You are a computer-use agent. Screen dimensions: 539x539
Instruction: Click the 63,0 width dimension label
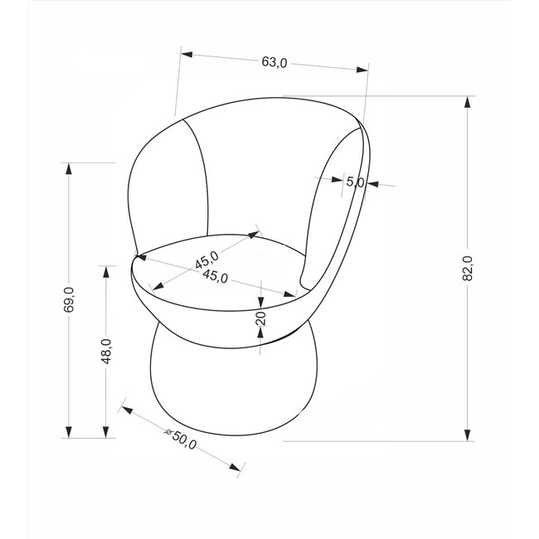274,62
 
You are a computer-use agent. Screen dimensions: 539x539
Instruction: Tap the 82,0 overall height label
468,268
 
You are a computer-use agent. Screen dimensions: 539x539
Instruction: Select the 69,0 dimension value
69,299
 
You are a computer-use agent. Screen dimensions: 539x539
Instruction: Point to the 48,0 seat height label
106,351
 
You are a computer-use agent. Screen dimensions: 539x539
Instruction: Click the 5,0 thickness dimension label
355,182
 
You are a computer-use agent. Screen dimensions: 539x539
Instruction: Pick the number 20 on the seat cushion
261,318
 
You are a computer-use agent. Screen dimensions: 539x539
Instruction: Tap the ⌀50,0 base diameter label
181,439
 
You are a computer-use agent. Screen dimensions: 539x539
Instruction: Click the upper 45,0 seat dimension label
207,260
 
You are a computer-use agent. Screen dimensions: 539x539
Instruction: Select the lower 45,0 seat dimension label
216,276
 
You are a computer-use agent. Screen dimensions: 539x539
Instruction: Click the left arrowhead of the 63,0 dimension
187,54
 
